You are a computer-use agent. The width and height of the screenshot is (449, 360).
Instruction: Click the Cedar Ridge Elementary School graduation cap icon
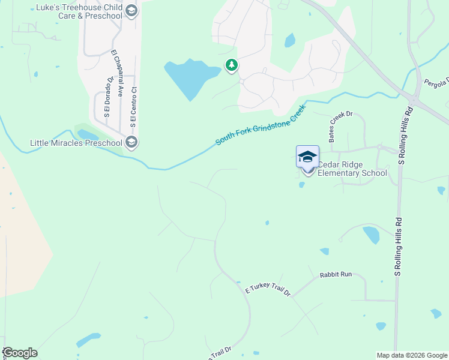307,157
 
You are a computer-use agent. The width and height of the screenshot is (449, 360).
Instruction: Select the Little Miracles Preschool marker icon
131,142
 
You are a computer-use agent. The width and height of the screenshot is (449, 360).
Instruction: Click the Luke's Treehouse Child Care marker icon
131,10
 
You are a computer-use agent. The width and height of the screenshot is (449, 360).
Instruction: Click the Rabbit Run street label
336,274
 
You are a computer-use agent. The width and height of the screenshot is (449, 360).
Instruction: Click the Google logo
20,352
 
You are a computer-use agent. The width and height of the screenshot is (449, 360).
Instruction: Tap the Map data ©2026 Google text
412,355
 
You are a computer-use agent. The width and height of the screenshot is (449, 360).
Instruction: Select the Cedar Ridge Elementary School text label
352,169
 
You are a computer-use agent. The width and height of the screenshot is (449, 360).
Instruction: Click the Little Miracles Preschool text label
76,143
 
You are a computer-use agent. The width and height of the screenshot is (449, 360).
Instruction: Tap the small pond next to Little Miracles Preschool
88,135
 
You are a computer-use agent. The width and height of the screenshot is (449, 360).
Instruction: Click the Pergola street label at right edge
436,82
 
